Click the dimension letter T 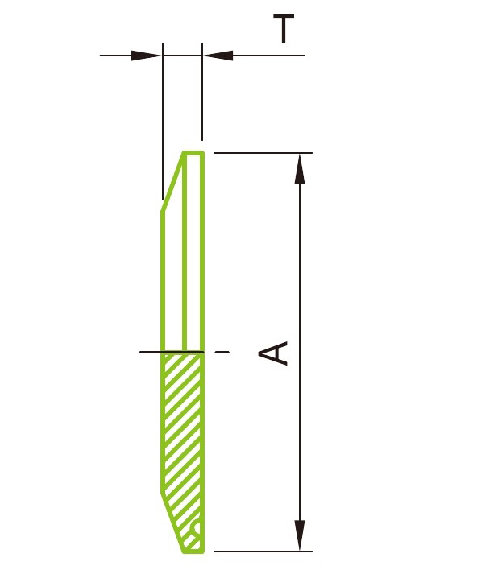[x=283, y=29]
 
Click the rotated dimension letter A [x=276, y=353]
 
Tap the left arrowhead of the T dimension [x=147, y=56]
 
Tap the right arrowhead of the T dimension [x=218, y=56]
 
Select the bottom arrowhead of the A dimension [x=300, y=536]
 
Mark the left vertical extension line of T [x=163, y=121]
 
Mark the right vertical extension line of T [x=201, y=97]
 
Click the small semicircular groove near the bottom [x=197, y=531]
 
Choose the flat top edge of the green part [x=193, y=152]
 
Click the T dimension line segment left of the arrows [x=117, y=56]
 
